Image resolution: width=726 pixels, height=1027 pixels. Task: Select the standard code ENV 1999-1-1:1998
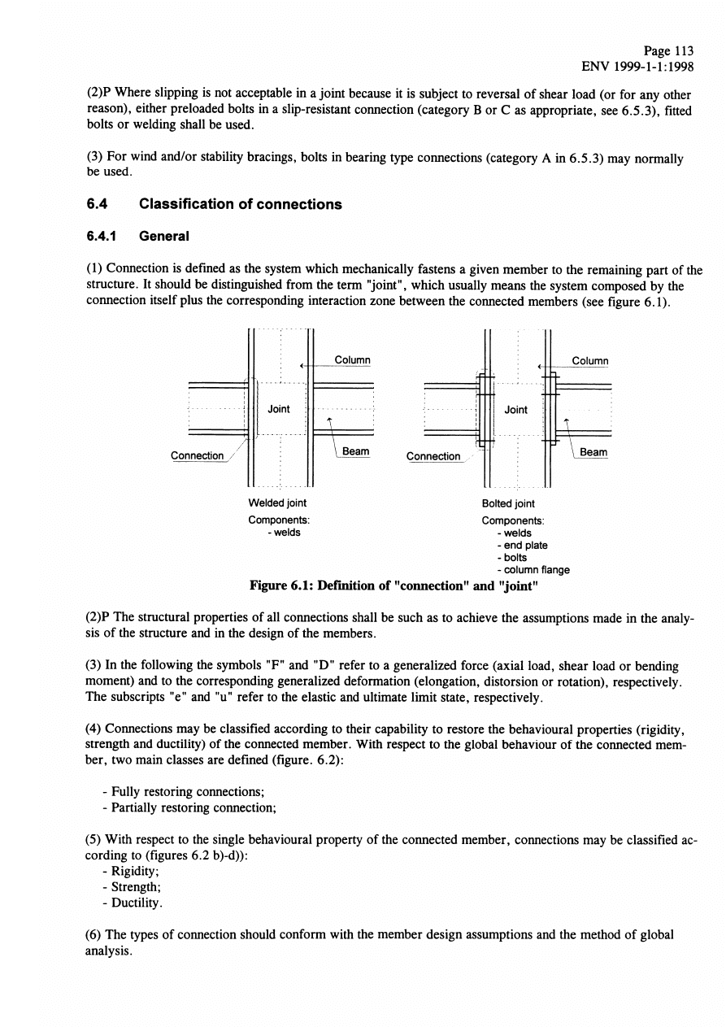(x=633, y=67)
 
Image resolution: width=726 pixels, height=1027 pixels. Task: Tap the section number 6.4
(x=98, y=204)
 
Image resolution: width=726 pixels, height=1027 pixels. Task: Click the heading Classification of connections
(x=240, y=204)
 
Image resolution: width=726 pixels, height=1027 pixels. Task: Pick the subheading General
(x=164, y=237)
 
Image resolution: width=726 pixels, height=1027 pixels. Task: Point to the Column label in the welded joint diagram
(x=352, y=360)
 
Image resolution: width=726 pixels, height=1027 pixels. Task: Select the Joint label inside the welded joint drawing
(x=279, y=409)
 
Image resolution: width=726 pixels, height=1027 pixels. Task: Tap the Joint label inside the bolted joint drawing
(x=516, y=410)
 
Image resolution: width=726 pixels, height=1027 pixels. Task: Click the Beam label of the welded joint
(x=355, y=451)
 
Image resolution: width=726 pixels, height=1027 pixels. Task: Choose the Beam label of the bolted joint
(x=593, y=452)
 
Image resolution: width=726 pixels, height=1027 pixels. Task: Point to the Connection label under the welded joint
(x=197, y=455)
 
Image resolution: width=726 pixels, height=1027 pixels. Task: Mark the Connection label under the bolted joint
(x=433, y=456)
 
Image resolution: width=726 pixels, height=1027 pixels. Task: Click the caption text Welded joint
(x=277, y=503)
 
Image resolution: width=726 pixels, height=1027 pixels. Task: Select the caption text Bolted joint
(x=508, y=504)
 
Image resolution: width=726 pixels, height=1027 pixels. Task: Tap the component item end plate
(x=524, y=546)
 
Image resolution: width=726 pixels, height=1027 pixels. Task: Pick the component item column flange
(x=536, y=570)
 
